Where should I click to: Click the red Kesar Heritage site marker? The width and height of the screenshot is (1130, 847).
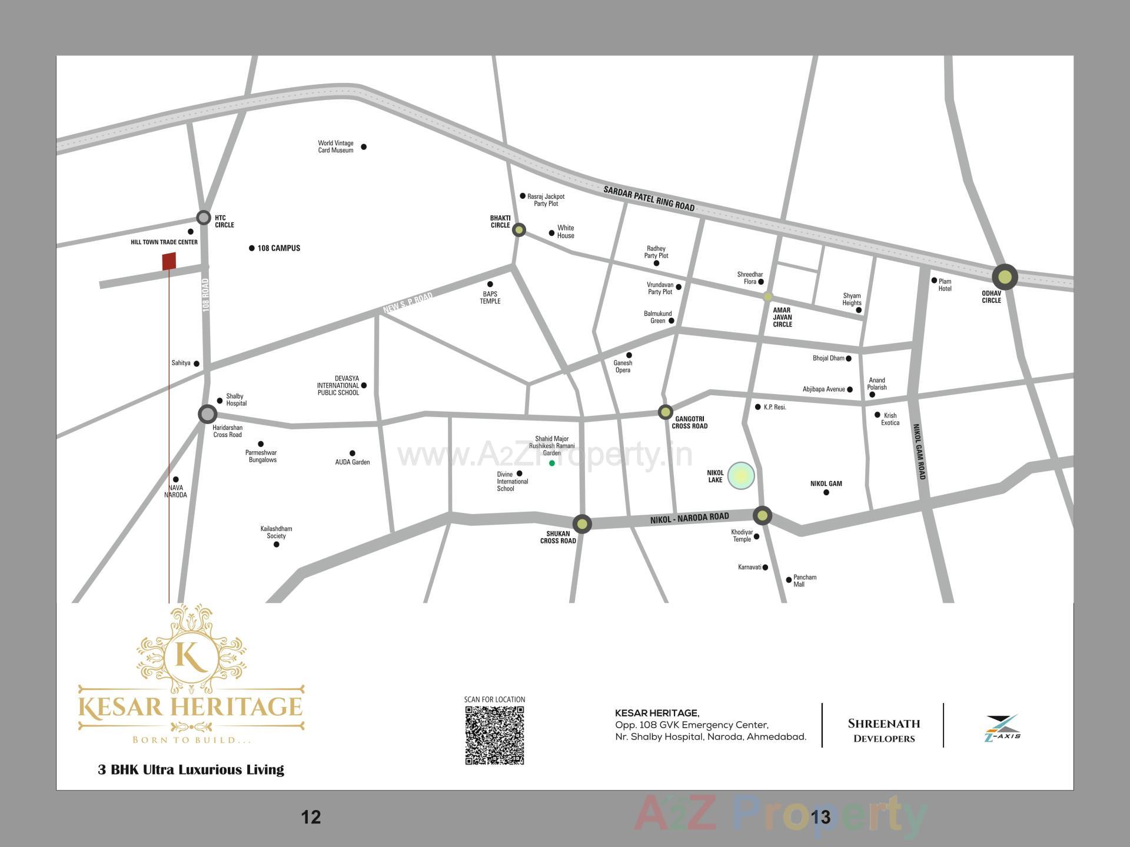[169, 261]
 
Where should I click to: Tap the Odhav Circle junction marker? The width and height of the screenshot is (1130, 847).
[1005, 276]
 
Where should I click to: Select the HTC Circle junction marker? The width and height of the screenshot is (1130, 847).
[203, 218]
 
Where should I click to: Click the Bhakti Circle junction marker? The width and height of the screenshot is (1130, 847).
[519, 229]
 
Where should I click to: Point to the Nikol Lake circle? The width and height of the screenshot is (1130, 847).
[741, 476]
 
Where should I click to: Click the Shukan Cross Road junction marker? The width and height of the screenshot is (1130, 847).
[582, 523]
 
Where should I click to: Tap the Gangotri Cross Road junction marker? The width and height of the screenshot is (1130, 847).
[665, 412]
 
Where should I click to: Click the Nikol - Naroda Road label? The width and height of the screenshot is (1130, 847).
[689, 518]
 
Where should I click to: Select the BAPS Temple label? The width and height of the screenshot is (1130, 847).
[490, 298]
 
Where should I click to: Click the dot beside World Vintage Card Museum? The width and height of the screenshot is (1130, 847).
[364, 147]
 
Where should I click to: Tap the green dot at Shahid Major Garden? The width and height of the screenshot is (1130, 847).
[552, 463]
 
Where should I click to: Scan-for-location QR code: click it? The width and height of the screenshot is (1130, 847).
[494, 735]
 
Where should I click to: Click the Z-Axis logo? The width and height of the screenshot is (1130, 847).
[1002, 728]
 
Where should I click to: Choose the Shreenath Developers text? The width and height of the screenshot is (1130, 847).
[883, 730]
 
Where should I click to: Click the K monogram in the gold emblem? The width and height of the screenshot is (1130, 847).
[191, 657]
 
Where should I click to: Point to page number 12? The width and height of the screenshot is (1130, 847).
[311, 817]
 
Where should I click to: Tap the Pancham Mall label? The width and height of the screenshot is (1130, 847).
[804, 581]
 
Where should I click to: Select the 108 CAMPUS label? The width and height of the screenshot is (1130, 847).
[278, 248]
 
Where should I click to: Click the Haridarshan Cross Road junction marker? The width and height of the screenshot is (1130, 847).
[207, 414]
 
